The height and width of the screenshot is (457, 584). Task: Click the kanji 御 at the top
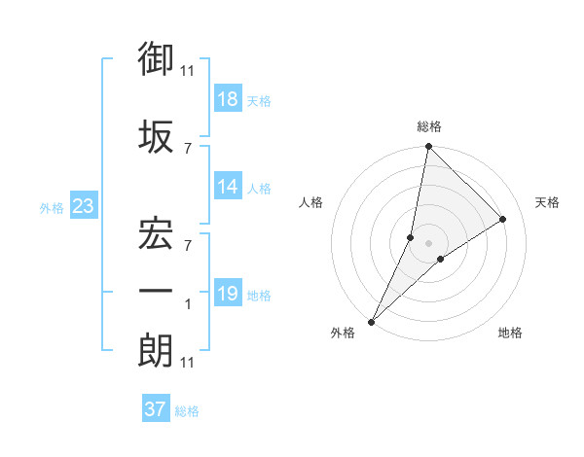click(x=157, y=59)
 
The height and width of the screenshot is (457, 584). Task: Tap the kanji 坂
click(x=157, y=136)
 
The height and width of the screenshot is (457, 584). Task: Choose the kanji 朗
click(x=157, y=351)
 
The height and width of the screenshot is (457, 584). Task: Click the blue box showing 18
click(x=228, y=98)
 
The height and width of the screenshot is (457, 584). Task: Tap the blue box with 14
click(x=228, y=187)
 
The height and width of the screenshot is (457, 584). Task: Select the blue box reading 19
click(x=228, y=294)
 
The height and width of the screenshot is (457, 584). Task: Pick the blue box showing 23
click(x=83, y=206)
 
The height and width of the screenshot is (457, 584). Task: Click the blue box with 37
click(x=156, y=409)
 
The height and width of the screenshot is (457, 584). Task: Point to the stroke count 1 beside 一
click(x=188, y=304)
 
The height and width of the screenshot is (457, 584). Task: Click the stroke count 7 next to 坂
click(x=188, y=148)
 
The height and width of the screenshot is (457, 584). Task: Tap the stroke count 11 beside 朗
click(x=187, y=363)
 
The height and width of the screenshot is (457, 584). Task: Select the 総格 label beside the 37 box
click(x=187, y=411)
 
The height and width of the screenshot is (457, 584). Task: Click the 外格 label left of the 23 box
click(x=52, y=208)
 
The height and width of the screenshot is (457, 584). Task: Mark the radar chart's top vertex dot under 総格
click(x=428, y=148)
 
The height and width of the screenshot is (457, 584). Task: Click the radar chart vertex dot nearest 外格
click(x=371, y=321)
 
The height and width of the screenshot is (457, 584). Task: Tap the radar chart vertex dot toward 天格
click(x=503, y=220)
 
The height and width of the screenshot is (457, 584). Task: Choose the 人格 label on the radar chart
click(x=310, y=202)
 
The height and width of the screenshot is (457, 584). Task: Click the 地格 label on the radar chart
click(x=510, y=333)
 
